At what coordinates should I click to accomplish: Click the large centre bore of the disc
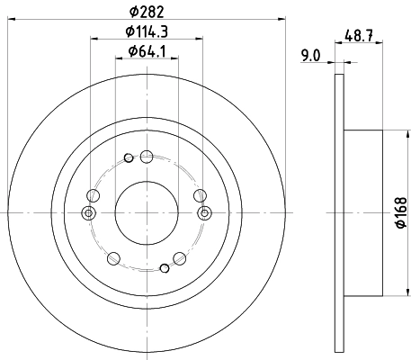point(147,212)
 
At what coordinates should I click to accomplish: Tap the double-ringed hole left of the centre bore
point(88,212)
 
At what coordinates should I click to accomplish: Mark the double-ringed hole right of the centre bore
point(205,212)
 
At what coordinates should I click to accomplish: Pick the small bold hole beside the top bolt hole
point(130,159)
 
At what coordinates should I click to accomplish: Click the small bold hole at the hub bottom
point(164,266)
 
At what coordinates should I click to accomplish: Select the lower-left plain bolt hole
point(112,259)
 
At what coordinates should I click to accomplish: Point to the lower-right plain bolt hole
point(182,259)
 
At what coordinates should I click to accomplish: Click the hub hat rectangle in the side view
point(365,213)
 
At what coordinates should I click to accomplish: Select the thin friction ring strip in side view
point(338,213)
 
